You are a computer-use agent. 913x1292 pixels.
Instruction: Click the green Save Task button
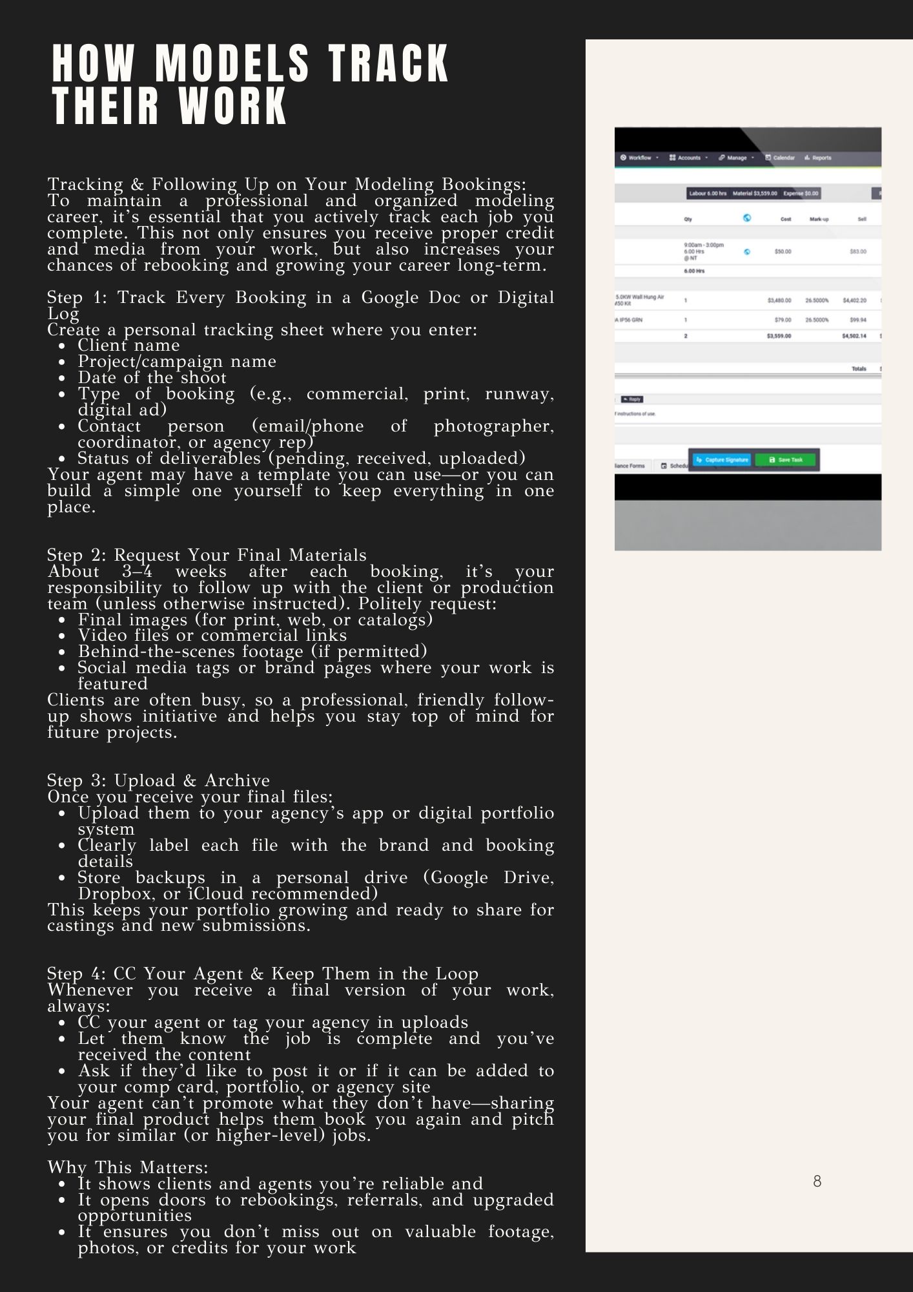(x=785, y=460)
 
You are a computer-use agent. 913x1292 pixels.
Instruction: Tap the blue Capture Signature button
(x=722, y=460)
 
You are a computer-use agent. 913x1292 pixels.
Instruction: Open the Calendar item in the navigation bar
(x=780, y=158)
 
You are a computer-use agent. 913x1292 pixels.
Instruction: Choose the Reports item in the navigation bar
(x=818, y=158)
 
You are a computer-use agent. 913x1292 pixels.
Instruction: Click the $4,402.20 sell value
(x=854, y=300)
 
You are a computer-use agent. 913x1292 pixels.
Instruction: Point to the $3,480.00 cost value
(x=779, y=300)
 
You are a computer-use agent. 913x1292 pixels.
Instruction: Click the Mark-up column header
(x=819, y=220)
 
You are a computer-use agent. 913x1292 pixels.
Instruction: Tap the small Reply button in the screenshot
(x=631, y=399)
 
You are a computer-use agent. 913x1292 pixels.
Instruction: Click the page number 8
(x=817, y=1182)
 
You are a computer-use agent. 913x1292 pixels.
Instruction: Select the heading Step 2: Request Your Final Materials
(x=207, y=555)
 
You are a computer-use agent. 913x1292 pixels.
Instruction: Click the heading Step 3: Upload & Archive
(x=158, y=780)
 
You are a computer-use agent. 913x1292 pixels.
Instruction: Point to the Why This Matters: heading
(x=128, y=1167)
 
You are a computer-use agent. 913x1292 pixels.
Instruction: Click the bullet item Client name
(x=128, y=346)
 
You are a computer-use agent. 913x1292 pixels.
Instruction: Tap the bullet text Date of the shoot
(x=152, y=378)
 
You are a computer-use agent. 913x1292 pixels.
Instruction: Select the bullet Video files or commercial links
(x=212, y=636)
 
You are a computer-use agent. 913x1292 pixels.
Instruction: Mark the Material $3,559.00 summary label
(x=754, y=193)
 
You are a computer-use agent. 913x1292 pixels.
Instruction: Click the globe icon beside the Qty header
(x=746, y=218)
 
